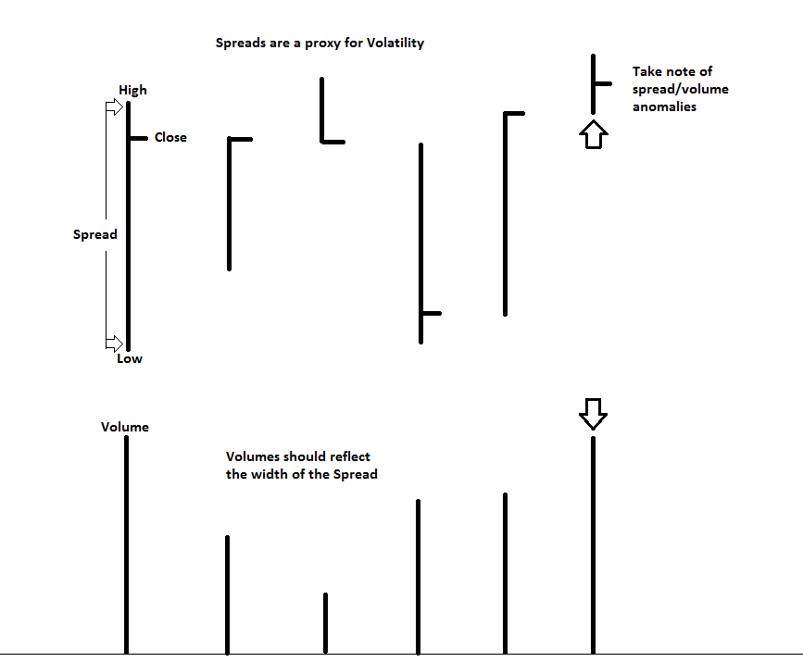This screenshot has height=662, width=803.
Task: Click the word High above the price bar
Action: click(132, 91)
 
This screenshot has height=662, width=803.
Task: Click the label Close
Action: click(170, 137)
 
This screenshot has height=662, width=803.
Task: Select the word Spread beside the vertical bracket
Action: click(94, 234)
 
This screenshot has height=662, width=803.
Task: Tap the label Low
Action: click(129, 359)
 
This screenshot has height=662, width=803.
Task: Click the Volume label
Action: click(125, 427)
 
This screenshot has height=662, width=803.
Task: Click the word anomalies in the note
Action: click(664, 106)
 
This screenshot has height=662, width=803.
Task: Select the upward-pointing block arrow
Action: click(594, 134)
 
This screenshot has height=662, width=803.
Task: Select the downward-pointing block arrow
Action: click(593, 414)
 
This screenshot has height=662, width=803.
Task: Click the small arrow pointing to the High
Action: click(114, 107)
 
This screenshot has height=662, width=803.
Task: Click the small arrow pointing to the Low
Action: click(114, 343)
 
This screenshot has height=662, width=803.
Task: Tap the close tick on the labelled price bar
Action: click(138, 138)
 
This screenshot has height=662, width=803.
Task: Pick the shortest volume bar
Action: click(326, 623)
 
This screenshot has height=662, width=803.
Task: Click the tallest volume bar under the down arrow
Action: click(593, 545)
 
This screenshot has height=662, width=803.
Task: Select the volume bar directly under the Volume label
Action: click(127, 544)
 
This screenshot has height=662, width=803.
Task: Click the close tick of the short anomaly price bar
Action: click(603, 83)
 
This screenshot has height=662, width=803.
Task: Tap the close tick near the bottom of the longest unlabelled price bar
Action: click(432, 313)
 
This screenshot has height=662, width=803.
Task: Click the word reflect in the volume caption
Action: click(350, 456)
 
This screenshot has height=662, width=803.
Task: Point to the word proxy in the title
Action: click(322, 44)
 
